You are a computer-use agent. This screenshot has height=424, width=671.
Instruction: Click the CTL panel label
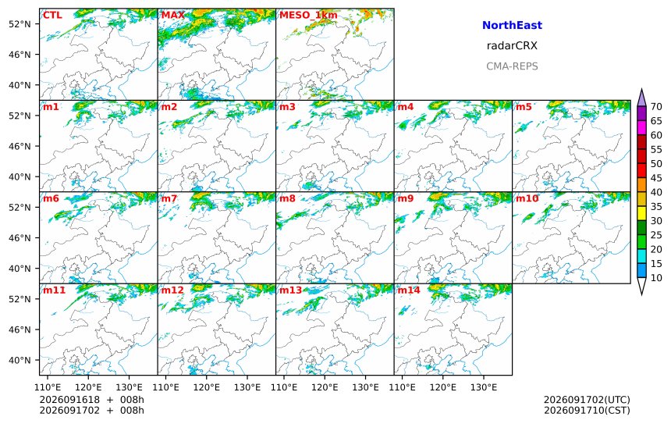[52, 16]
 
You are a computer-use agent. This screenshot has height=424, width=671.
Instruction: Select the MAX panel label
[173, 16]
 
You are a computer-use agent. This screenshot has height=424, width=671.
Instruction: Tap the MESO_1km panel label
[308, 16]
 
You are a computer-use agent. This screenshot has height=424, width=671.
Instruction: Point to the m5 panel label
[524, 107]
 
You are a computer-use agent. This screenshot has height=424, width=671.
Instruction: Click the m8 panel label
[287, 198]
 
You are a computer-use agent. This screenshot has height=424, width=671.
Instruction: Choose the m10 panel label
[527, 198]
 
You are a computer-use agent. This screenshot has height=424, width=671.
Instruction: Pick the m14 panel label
[409, 290]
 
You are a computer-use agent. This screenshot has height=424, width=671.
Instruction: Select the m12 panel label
[172, 290]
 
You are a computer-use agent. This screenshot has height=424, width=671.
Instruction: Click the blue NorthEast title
[512, 25]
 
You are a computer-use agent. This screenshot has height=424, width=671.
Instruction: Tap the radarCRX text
[512, 46]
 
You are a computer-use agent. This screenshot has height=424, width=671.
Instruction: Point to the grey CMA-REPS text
[512, 66]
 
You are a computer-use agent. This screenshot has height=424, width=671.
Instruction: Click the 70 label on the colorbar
[656, 107]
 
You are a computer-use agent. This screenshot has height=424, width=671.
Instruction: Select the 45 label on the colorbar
[656, 178]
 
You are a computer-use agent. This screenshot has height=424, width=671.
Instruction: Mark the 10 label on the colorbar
[656, 278]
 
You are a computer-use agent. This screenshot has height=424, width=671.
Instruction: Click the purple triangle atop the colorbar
[641, 98]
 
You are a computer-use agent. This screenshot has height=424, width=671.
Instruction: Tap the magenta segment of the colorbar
[641, 127]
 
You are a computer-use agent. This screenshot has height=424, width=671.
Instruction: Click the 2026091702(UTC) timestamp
[587, 400]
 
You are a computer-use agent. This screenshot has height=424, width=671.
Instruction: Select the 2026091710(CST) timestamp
[587, 410]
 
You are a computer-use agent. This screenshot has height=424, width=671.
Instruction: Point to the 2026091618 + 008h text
[91, 400]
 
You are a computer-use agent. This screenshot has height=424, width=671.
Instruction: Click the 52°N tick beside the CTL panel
[20, 24]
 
